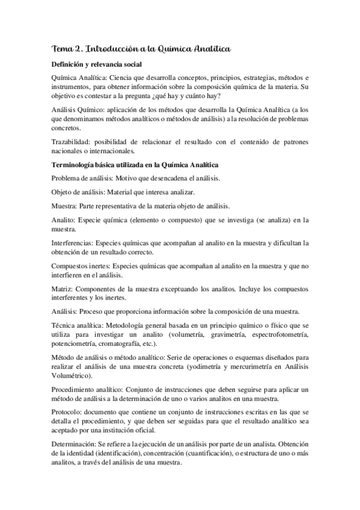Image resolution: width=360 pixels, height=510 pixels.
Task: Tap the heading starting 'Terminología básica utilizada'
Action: [x=136, y=165]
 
